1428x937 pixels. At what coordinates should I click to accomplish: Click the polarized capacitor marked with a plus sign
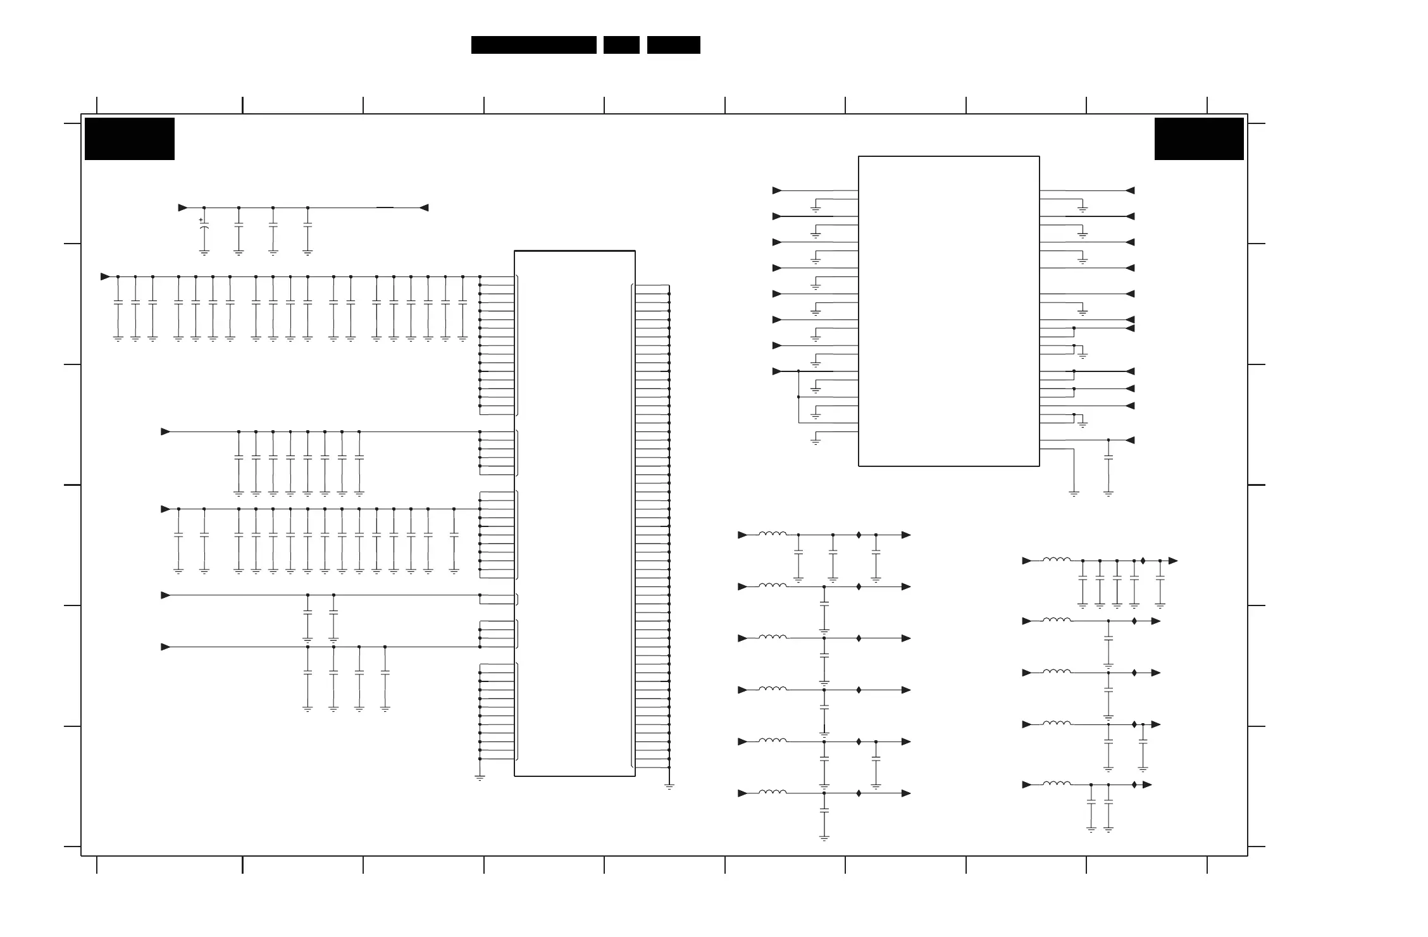(x=204, y=230)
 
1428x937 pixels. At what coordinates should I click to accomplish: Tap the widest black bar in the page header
(x=533, y=45)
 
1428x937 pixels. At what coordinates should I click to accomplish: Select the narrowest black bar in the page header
(x=621, y=45)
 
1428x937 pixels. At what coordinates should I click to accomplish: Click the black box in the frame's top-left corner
(x=130, y=139)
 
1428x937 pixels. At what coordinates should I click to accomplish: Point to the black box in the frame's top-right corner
(x=1198, y=139)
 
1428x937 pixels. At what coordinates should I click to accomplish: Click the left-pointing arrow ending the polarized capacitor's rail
(x=424, y=208)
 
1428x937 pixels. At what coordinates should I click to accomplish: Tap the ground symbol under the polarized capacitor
(x=204, y=253)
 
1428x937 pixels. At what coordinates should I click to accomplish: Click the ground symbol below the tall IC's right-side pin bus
(x=669, y=786)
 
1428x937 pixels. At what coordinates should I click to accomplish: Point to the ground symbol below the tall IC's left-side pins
(x=480, y=778)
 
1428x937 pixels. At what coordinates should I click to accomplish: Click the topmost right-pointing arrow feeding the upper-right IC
(x=777, y=190)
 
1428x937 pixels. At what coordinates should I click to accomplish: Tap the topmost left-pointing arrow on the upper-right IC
(x=1130, y=190)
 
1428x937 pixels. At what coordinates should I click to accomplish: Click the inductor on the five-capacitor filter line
(x=1057, y=560)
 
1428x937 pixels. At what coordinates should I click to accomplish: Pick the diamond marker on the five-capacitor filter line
(x=1143, y=561)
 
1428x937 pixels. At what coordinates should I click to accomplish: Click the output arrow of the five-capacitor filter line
(x=1173, y=561)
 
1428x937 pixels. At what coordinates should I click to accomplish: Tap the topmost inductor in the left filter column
(x=773, y=534)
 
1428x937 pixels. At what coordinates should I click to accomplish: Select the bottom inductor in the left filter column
(x=773, y=792)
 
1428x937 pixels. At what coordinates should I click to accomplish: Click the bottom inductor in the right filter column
(x=1057, y=784)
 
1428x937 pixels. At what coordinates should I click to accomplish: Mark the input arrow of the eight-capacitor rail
(x=166, y=431)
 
